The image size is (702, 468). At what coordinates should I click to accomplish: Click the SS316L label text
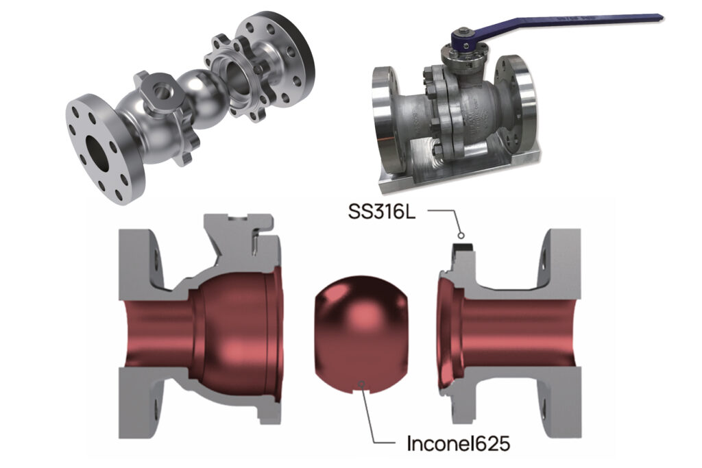click(381, 211)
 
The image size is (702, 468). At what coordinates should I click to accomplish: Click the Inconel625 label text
click(458, 443)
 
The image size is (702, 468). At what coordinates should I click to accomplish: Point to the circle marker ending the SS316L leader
click(460, 234)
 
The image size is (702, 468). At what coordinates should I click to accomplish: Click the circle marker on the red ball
click(362, 384)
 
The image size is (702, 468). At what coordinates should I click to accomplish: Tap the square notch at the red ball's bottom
click(362, 391)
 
